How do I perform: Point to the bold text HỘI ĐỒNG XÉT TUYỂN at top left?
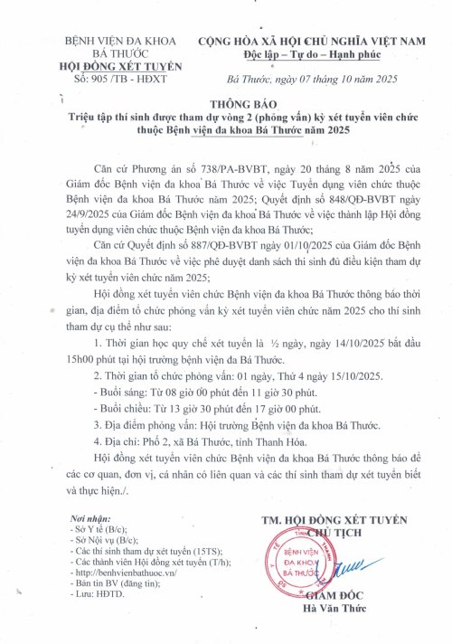point(120,66)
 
